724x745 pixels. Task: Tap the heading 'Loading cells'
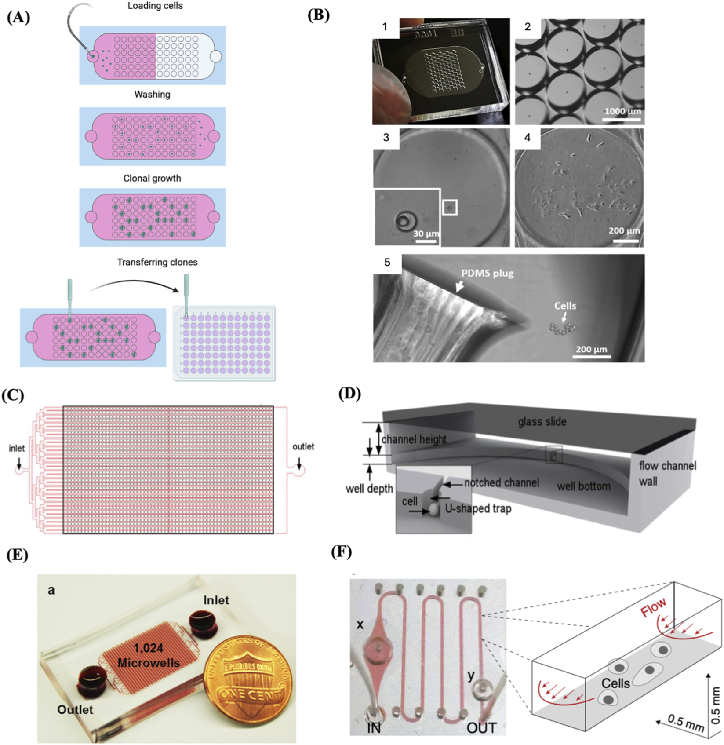(155, 6)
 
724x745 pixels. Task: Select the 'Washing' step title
(152, 95)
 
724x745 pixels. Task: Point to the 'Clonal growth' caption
(152, 179)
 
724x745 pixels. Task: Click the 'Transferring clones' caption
(157, 263)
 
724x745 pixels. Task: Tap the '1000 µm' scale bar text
(622, 111)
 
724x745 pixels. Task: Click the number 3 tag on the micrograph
(386, 138)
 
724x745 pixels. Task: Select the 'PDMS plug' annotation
(487, 274)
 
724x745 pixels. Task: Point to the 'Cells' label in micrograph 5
(565, 306)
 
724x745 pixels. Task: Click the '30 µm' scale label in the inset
(426, 234)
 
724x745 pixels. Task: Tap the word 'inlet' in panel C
(17, 449)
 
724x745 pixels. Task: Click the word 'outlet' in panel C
(303, 447)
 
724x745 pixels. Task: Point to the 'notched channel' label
(502, 483)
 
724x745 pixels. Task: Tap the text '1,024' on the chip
(149, 648)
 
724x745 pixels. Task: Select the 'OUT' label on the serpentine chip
(481, 728)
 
